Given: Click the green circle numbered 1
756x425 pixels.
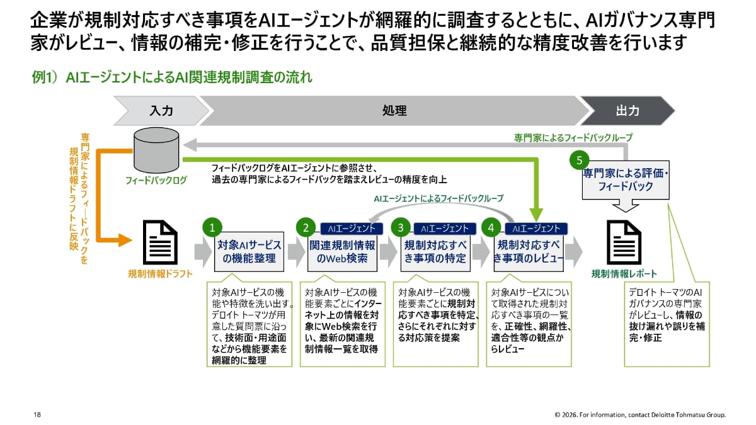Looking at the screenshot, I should [x=212, y=227].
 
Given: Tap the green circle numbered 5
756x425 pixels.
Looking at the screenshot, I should [x=578, y=161].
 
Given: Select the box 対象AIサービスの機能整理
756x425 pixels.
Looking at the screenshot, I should [x=249, y=251].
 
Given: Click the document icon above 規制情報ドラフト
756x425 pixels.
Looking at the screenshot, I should [x=160, y=242].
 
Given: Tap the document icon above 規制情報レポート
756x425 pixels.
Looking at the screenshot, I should [x=624, y=242].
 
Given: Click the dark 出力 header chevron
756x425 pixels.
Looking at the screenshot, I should [x=626, y=111].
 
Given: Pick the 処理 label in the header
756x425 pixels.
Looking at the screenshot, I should [x=394, y=111].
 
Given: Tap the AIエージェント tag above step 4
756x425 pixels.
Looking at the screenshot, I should [x=537, y=229].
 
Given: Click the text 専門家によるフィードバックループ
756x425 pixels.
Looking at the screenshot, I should [x=573, y=137].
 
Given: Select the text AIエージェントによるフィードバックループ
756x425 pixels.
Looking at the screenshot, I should [x=438, y=198].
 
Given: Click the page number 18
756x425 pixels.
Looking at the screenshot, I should [x=37, y=414].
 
